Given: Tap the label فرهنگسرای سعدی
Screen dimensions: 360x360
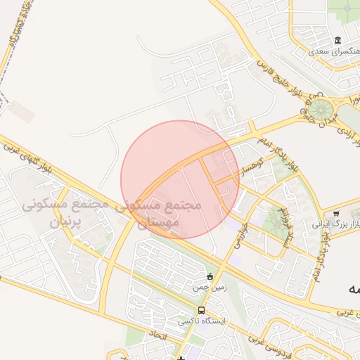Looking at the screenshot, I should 336,51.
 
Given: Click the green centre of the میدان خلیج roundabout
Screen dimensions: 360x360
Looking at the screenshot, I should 321,109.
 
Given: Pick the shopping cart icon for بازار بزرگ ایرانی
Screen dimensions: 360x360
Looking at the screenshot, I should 336,213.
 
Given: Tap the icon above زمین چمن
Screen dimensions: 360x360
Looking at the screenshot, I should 210,276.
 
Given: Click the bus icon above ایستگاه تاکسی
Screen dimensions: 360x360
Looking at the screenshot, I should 202,310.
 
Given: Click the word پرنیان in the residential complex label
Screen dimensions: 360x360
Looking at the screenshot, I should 67,222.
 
